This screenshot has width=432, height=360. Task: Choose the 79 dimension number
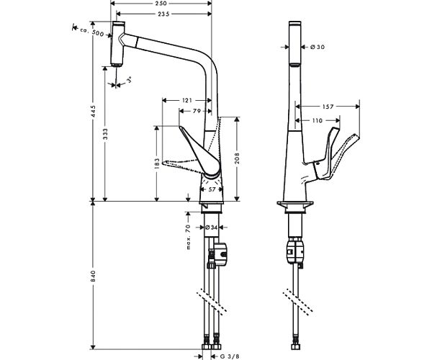click(x=197, y=111)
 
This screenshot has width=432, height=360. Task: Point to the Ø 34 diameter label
click(x=212, y=228)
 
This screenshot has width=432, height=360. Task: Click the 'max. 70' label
click(x=187, y=237)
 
